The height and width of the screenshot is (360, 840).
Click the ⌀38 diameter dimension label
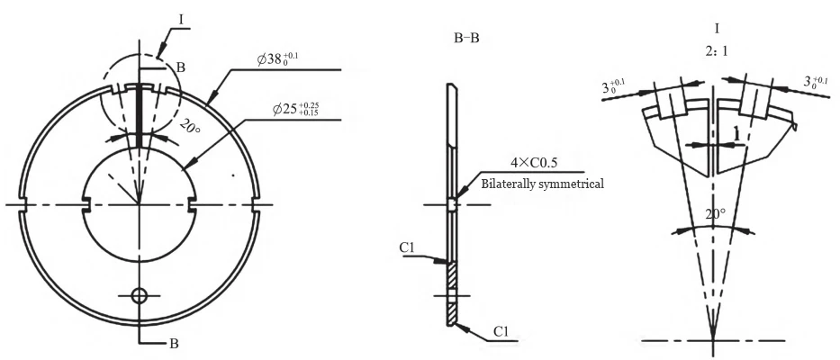[x=281, y=59]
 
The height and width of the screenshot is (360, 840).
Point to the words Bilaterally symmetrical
[x=542, y=183]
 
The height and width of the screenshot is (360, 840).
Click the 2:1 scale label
[x=717, y=51]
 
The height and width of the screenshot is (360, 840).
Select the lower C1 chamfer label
[x=502, y=332]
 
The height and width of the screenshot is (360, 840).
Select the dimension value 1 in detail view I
[x=736, y=133]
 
